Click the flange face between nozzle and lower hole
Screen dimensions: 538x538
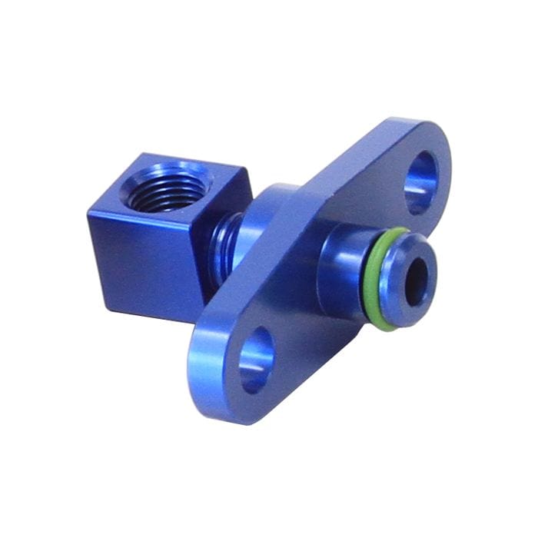[307, 323]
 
